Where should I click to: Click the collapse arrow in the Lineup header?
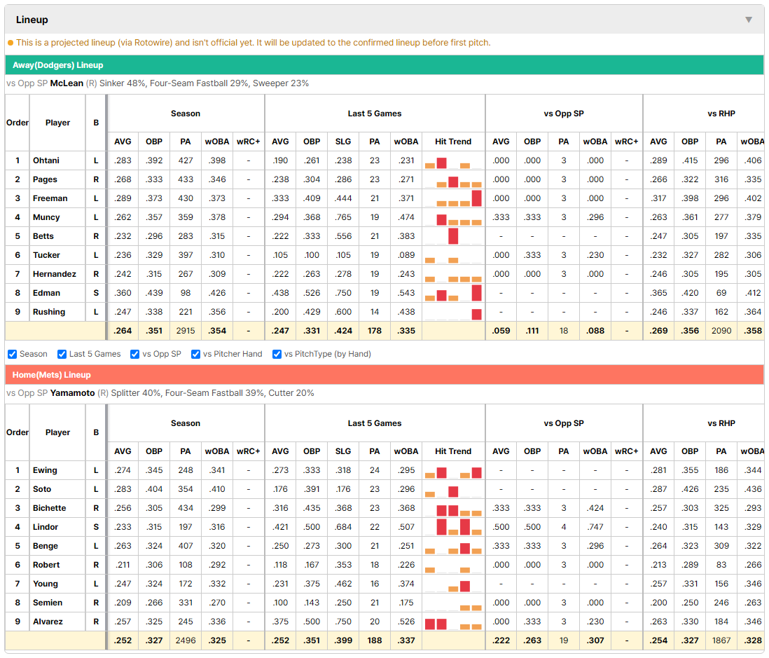[x=749, y=20]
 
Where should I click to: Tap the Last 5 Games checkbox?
[x=62, y=355]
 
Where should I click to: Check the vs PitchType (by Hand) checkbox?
[x=277, y=355]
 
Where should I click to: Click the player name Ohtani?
[x=46, y=160]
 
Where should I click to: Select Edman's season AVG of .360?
[x=123, y=293]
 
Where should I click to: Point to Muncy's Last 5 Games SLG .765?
[x=343, y=217]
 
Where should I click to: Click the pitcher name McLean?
[x=67, y=83]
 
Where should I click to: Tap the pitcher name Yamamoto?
[x=73, y=393]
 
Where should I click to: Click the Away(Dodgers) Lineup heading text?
[x=58, y=65]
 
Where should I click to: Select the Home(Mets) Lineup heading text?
[x=52, y=375]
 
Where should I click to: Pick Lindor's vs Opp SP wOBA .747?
[x=595, y=527]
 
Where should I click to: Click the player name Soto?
[x=42, y=489]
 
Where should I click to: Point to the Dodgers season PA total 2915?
[x=186, y=331]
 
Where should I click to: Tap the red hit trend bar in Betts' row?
[x=453, y=236]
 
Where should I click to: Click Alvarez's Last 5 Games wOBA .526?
[x=406, y=622]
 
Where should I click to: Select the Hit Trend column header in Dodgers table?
[x=453, y=142]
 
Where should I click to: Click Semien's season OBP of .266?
[x=154, y=603]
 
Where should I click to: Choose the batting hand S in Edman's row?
[x=96, y=293]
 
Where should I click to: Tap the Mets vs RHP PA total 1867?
[x=721, y=640]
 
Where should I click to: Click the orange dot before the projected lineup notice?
[x=11, y=43]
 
